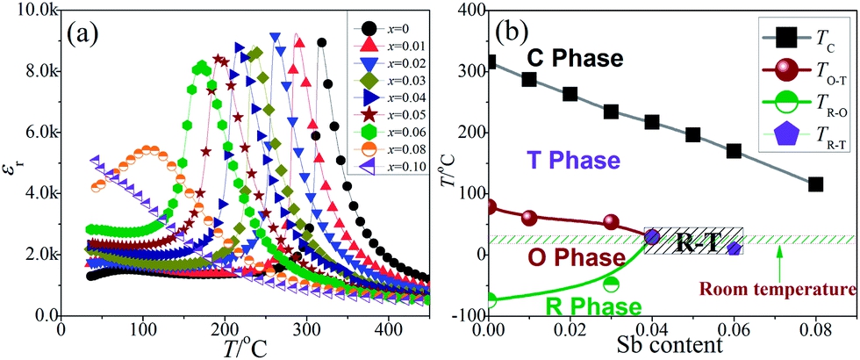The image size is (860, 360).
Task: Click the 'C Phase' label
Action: coord(575,58)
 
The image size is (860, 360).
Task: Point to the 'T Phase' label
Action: coord(574,161)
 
